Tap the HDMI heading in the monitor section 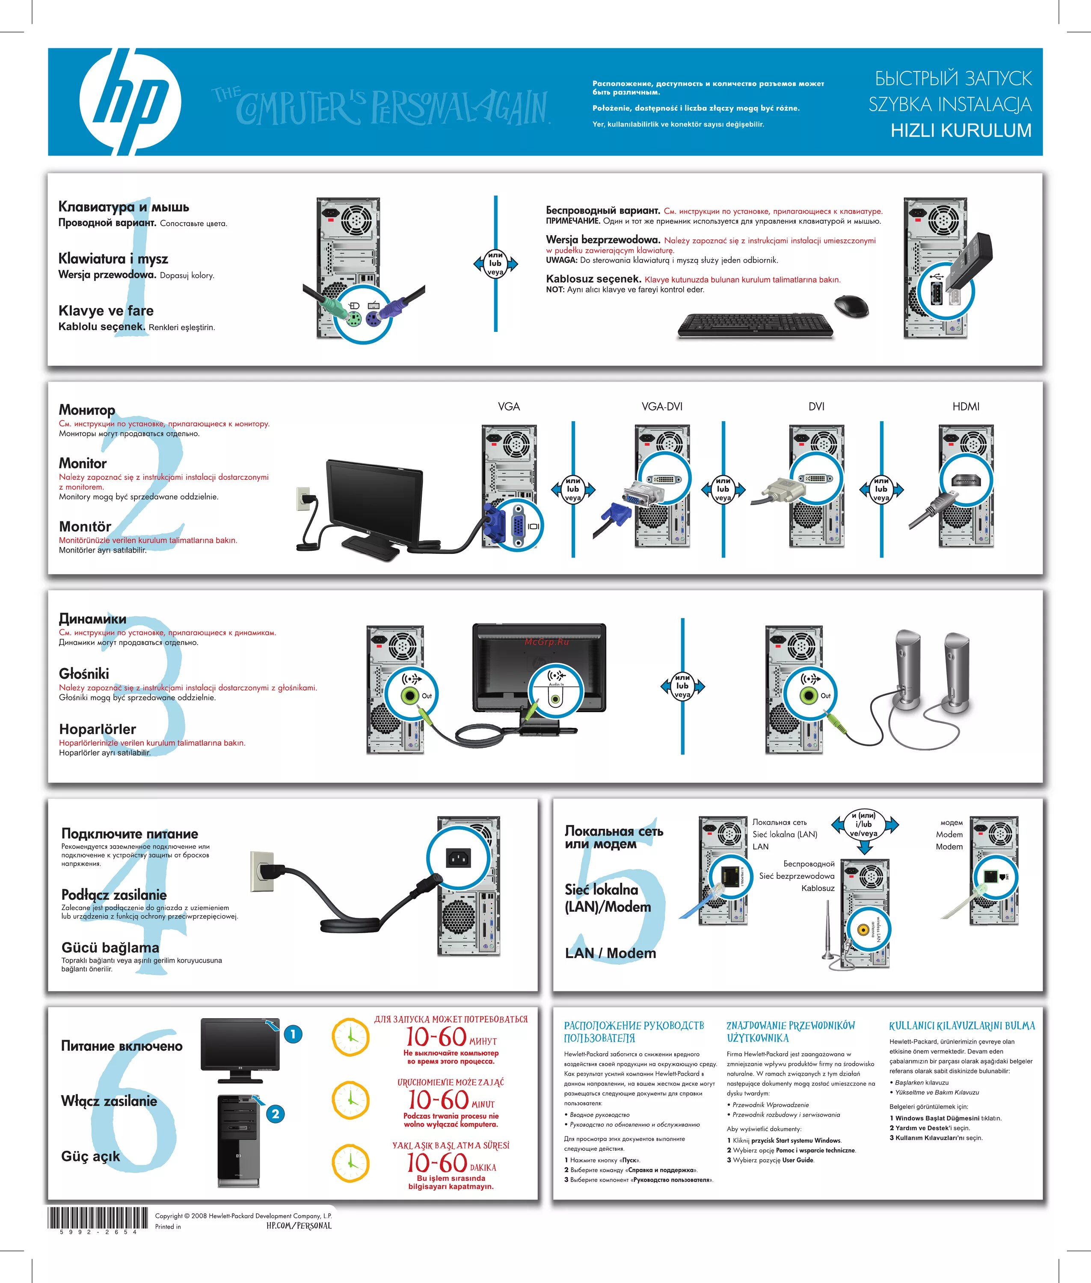point(966,406)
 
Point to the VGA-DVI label point(662,406)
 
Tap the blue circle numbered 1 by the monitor point(293,1034)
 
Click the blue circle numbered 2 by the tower point(275,1114)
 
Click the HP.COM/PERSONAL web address point(299,1226)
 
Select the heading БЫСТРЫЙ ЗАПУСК point(953,79)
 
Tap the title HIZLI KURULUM point(961,130)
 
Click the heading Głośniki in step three point(84,673)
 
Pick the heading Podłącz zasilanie point(114,895)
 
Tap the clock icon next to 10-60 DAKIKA point(351,1163)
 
